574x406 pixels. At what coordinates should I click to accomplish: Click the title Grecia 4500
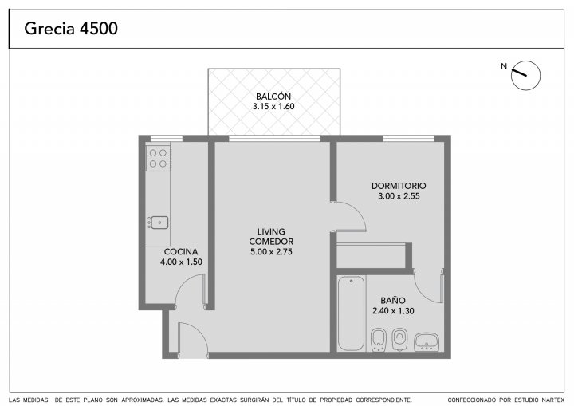[x=71, y=28]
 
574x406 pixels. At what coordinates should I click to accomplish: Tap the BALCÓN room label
[x=273, y=97]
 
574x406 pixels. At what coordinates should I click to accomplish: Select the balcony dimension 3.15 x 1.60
[x=273, y=107]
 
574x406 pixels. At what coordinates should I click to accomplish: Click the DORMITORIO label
[x=399, y=186]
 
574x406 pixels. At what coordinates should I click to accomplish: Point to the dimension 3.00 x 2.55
[x=399, y=196]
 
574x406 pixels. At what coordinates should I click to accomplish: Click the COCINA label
[x=181, y=252]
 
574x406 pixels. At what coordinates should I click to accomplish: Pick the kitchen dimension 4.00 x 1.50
[x=181, y=262]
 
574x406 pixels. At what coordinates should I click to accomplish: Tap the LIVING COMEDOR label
[x=271, y=237]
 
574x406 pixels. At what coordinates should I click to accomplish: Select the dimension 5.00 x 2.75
[x=271, y=252]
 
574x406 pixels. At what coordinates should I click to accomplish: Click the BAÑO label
[x=393, y=301]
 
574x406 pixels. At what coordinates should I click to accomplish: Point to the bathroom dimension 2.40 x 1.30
[x=393, y=311]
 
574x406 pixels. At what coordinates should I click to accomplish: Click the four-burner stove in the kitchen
[x=159, y=158]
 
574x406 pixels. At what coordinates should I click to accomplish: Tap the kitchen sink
[x=158, y=223]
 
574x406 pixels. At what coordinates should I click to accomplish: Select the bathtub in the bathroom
[x=351, y=313]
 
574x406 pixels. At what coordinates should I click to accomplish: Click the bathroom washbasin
[x=427, y=342]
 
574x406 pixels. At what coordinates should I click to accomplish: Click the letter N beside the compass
[x=504, y=66]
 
